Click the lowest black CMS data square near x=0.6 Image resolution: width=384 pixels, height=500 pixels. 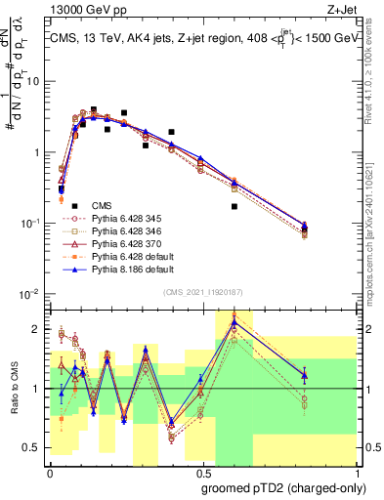(234, 206)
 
